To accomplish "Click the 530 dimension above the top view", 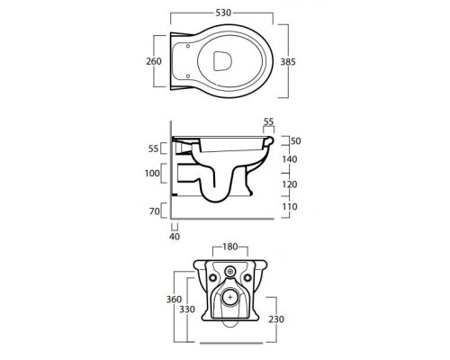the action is [223, 13].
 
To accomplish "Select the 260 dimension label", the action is [154, 61].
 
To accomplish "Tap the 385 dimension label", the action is [288, 62].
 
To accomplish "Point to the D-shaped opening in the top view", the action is [222, 61].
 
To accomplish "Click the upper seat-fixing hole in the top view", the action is [188, 46].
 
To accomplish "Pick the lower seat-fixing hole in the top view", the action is [188, 76].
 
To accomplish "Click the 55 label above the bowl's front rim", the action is [268, 121].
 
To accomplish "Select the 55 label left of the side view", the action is [153, 148].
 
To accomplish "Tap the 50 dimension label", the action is [296, 141].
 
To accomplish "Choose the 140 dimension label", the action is [290, 159].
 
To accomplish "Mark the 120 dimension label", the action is [290, 184].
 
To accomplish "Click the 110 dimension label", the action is [290, 207].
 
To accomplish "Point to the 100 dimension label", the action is [152, 173].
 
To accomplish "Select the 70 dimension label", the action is [155, 211].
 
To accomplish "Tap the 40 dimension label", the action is [175, 237].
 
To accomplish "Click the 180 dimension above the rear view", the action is [230, 247].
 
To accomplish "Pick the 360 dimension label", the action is [174, 299].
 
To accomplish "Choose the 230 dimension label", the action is [276, 319].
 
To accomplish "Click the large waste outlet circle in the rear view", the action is [230, 298].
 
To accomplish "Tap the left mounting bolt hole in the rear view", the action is [212, 278].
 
